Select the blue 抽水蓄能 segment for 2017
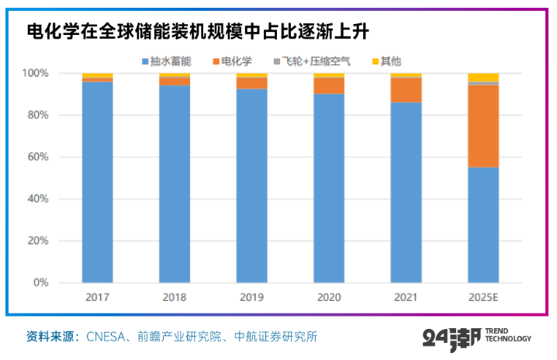(x=97, y=182)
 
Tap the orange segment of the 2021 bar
(x=406, y=90)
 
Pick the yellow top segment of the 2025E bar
(x=483, y=77)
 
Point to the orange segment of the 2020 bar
(x=329, y=85)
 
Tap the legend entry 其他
(x=384, y=61)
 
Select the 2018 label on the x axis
(x=175, y=297)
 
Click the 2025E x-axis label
(x=483, y=297)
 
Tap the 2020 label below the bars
(x=329, y=297)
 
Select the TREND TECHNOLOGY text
(x=507, y=335)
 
